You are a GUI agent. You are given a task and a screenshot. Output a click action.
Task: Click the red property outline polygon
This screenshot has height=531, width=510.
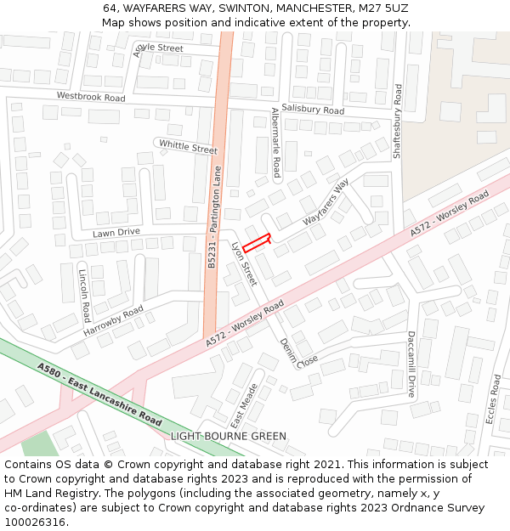257,243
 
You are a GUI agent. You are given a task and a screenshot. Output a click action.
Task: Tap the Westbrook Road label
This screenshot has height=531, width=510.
91,98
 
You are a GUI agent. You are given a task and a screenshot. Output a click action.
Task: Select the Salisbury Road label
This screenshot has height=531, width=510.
313,110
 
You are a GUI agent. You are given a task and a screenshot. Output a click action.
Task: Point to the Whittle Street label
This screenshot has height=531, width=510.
188,146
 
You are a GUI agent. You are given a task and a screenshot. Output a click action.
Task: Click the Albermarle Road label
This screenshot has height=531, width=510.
275,142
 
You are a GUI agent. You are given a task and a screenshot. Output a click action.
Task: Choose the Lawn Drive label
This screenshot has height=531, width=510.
116,233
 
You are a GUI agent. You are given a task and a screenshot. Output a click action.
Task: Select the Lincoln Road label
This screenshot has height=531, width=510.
83,297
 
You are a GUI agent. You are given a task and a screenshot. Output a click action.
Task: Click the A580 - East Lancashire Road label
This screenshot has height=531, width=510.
99,395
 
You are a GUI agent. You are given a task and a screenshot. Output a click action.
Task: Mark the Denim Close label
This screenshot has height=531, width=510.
298,353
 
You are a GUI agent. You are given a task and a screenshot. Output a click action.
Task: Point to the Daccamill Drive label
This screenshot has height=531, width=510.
411,364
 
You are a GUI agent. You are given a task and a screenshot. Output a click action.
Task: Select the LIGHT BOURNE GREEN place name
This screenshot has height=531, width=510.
229,437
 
